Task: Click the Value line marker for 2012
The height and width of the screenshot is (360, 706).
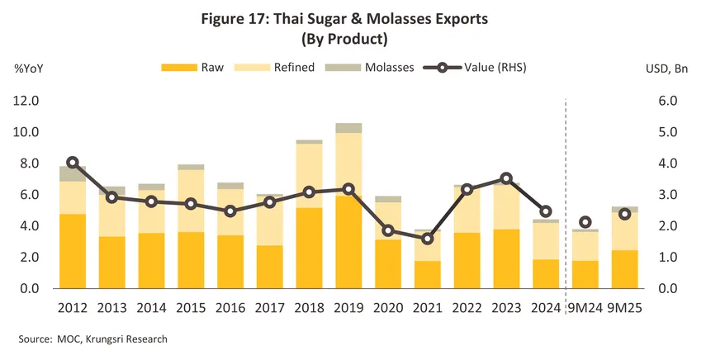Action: click(73, 163)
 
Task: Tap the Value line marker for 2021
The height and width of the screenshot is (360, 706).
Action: click(427, 239)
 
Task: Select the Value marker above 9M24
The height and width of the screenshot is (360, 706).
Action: click(585, 222)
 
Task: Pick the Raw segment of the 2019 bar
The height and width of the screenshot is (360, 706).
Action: click(348, 242)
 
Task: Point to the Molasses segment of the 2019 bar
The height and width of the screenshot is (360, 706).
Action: click(348, 128)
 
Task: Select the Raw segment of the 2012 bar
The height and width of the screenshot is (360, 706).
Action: click(73, 251)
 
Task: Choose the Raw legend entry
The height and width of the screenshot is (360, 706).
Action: click(195, 67)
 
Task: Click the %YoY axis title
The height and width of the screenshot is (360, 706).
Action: click(29, 68)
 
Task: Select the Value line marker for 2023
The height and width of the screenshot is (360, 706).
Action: click(506, 178)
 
